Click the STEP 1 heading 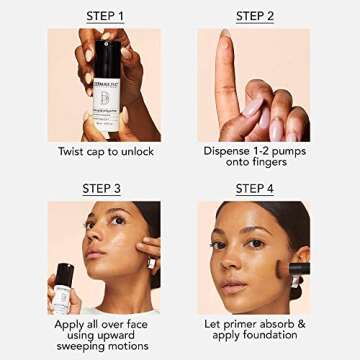[x=105, y=16]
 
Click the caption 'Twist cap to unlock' [x=105, y=153]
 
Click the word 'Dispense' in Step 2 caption [x=227, y=153]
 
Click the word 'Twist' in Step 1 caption [x=73, y=153]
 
